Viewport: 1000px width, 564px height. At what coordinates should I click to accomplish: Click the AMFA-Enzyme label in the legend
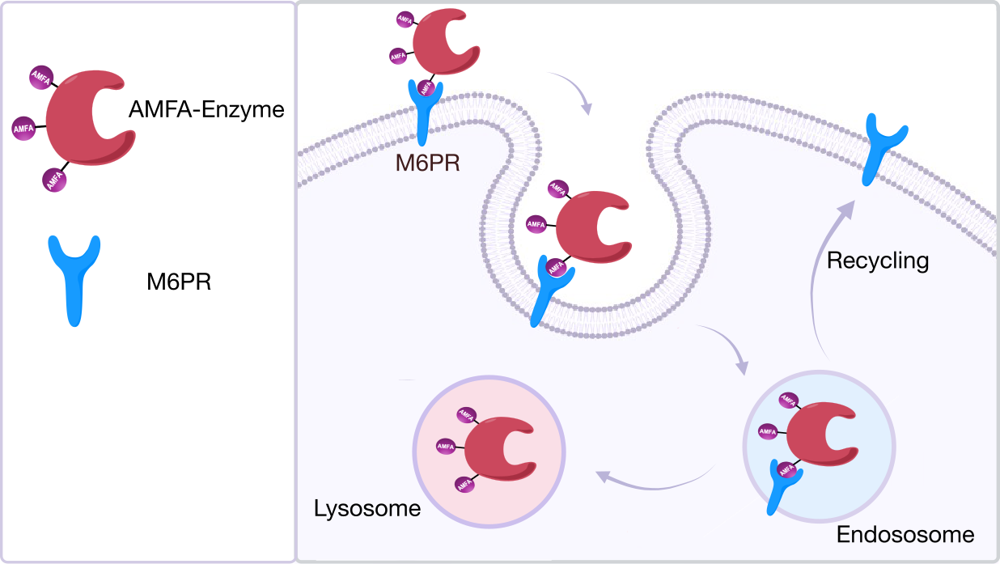pos(206,110)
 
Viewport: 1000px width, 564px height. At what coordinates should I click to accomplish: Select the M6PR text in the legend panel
pos(179,283)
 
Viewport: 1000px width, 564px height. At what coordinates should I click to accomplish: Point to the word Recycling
pos(878,261)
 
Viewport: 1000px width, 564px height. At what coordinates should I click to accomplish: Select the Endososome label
pos(905,535)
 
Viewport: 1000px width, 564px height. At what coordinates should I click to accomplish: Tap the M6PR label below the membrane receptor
pos(427,163)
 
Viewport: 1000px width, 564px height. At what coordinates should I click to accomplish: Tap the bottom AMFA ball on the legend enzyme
pos(54,179)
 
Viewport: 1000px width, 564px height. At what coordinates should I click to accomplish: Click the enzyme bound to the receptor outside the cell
pos(446,46)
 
